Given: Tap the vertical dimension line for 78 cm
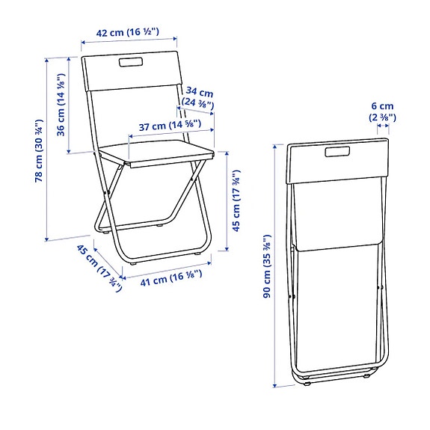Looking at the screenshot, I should (x=49, y=147).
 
